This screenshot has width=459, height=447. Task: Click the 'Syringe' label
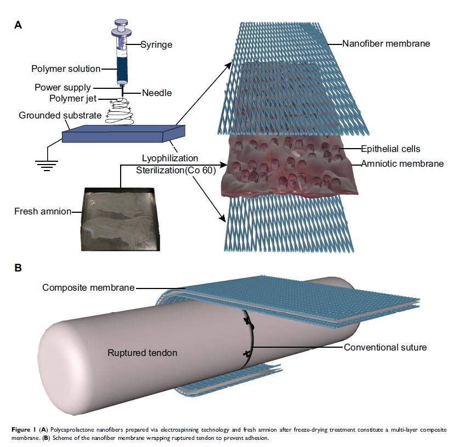pyautogui.click(x=157, y=44)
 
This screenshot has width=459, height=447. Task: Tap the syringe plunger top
pyautogui.click(x=122, y=24)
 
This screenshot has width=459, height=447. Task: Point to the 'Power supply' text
pyautogui.click(x=63, y=87)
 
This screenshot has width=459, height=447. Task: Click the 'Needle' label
pyautogui.click(x=156, y=93)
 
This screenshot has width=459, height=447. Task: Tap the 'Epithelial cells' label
pyautogui.click(x=390, y=148)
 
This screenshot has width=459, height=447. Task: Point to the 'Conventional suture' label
pyautogui.click(x=385, y=347)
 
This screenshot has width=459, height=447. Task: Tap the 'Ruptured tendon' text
pyautogui.click(x=141, y=353)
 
